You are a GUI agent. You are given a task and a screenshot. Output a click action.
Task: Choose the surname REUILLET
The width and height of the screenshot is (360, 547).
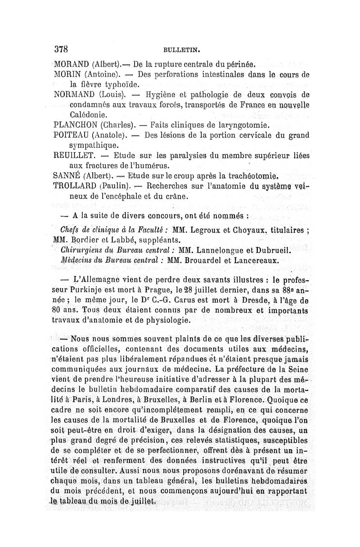(x=73, y=156)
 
